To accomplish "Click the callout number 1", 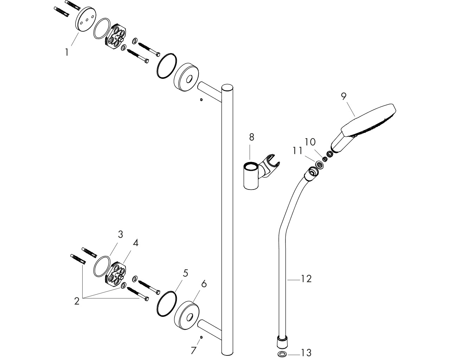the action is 67,52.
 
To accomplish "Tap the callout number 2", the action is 77,301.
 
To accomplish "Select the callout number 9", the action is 343,96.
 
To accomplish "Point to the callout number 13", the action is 306,353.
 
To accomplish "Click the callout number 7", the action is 193,351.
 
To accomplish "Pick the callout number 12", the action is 306,279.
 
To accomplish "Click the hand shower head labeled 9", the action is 364,128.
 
